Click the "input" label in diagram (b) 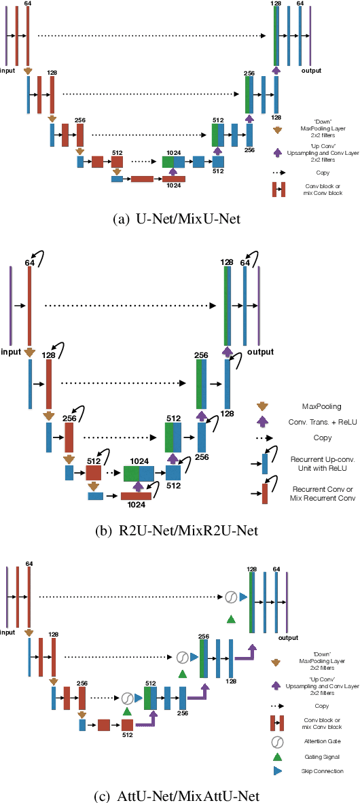(x=12, y=351)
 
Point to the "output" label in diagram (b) (x=260, y=352)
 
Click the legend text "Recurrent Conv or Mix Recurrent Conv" (x=313, y=494)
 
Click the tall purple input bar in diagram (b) (x=11, y=306)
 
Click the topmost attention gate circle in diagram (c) (x=230, y=597)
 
